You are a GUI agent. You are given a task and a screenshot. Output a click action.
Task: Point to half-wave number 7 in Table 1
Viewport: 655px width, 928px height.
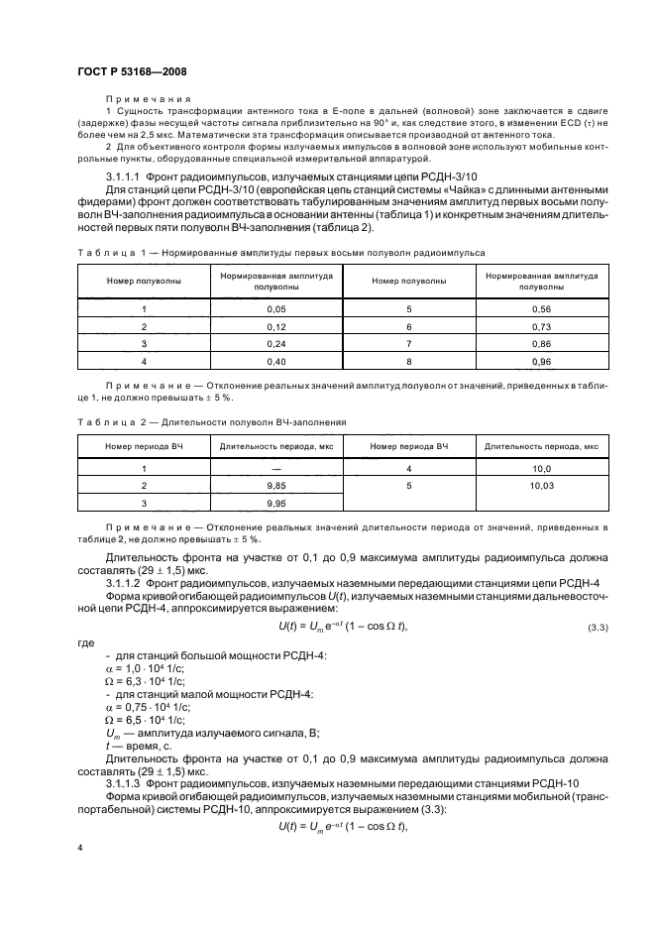(399, 343)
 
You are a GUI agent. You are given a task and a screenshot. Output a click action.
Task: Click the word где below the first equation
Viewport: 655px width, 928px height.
(85, 642)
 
